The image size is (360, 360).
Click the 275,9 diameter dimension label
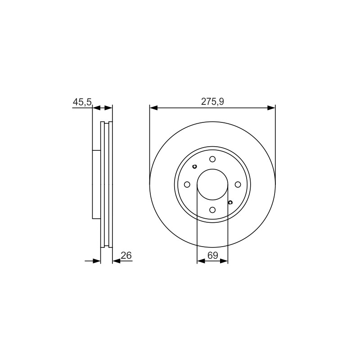(x=212, y=102)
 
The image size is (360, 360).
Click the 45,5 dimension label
(x=82, y=102)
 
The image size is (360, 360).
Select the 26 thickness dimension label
(x=126, y=255)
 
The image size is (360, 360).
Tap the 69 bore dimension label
(x=212, y=255)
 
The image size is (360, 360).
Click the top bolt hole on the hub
(x=212, y=159)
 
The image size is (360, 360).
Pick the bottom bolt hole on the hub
(x=212, y=210)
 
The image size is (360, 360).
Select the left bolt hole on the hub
(x=187, y=184)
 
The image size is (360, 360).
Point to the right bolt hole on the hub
(x=238, y=184)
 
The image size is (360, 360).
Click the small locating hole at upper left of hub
(x=195, y=166)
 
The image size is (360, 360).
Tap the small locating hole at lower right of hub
(x=230, y=202)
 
